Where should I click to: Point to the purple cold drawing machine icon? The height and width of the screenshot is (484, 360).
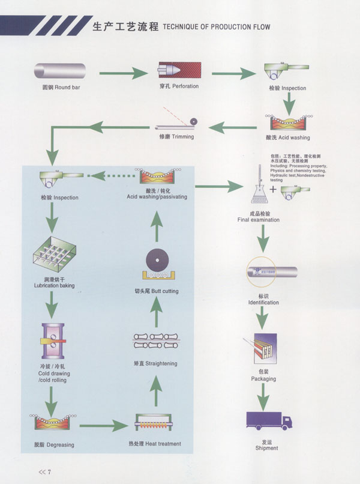(53, 342)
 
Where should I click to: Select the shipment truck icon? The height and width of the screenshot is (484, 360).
(268, 421)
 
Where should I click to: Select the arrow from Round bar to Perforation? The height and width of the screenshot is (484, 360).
(122, 73)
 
